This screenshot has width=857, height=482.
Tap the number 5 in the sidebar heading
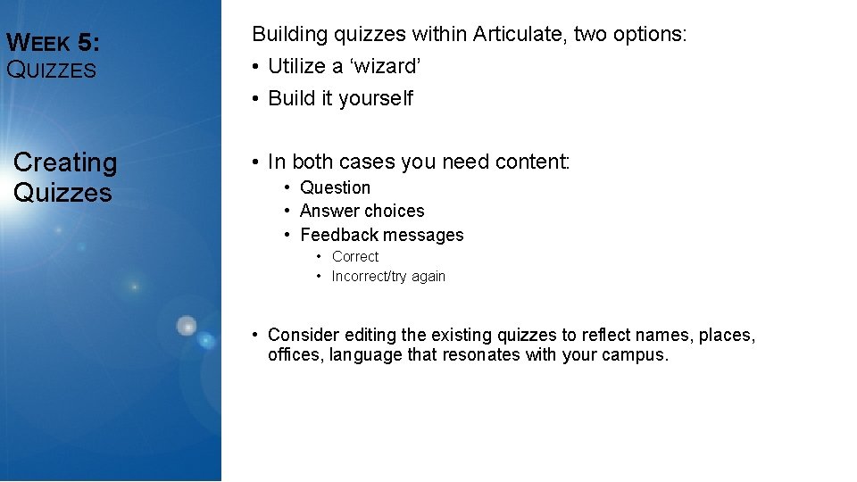[x=89, y=42]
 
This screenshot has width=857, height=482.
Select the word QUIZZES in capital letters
[x=51, y=70]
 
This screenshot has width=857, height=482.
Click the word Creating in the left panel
[x=65, y=162]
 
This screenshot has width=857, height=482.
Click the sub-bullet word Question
[x=335, y=187]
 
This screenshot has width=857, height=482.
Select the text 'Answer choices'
[x=362, y=212]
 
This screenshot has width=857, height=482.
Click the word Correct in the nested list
[x=355, y=257]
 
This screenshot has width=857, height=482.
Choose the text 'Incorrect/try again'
[x=388, y=277]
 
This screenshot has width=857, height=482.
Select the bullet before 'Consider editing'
[x=255, y=336]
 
